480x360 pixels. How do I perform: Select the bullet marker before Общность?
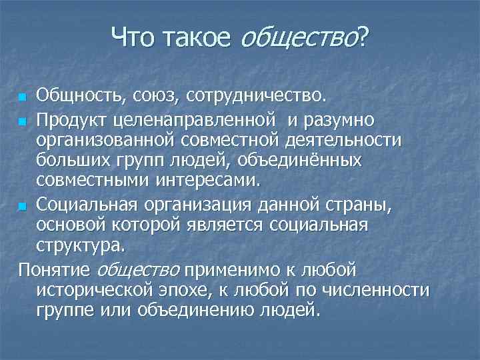pyautogui.click(x=23, y=99)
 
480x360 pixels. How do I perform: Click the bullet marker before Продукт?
pyautogui.click(x=23, y=122)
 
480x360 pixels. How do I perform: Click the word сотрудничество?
pyautogui.click(x=258, y=98)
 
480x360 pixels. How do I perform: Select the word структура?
pyautogui.click(x=79, y=245)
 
